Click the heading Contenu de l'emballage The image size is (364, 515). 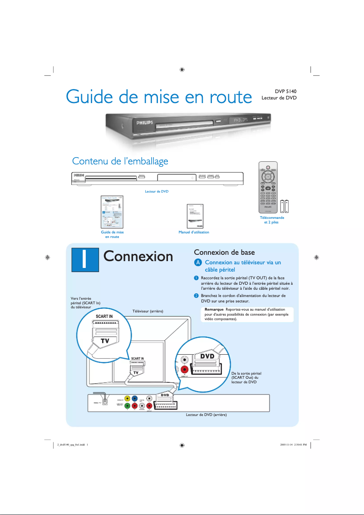click(x=120, y=161)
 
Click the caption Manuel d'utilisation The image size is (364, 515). click(x=194, y=232)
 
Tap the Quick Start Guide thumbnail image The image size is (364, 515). click(x=112, y=212)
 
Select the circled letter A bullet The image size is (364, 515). click(x=197, y=263)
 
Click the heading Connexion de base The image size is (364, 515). click(x=224, y=252)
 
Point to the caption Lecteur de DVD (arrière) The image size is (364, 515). click(x=206, y=415)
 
